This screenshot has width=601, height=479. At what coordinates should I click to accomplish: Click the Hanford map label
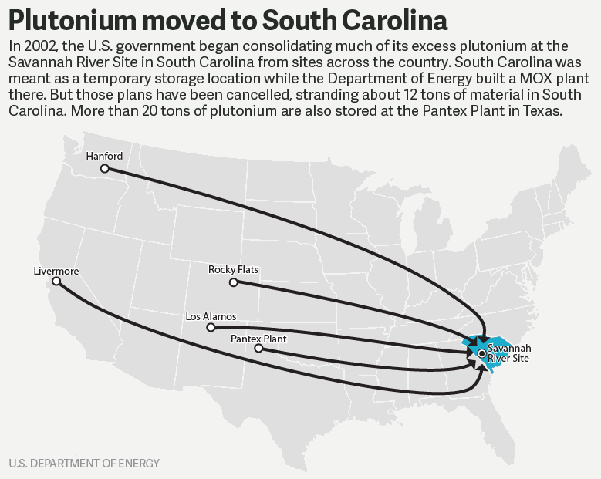(104, 156)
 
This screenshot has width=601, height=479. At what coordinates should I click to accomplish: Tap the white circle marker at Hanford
(105, 168)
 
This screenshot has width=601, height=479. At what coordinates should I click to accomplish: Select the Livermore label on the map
(56, 271)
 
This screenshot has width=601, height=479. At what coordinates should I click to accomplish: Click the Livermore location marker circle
(56, 282)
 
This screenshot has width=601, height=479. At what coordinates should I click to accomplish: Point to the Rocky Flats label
(233, 270)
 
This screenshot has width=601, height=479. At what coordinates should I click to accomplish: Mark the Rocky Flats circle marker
(234, 282)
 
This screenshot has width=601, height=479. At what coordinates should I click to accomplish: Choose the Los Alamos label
(211, 316)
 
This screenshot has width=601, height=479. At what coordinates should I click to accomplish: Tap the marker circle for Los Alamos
(211, 328)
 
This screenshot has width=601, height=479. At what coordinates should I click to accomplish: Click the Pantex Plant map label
(259, 339)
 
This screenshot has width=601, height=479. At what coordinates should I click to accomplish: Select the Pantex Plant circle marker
(258, 349)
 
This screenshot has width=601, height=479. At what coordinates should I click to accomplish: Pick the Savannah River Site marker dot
(482, 353)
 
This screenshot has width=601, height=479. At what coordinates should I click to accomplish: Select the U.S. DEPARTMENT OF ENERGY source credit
(85, 464)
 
